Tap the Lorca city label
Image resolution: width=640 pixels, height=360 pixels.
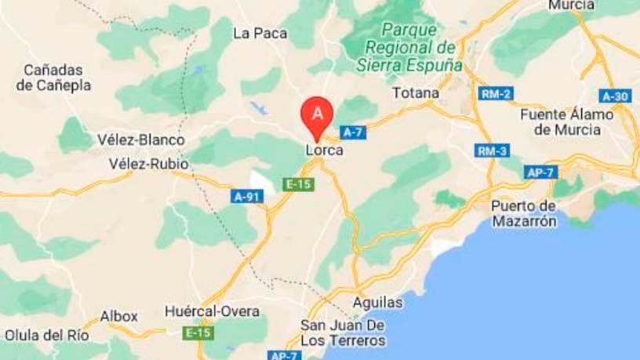[x=324, y=150]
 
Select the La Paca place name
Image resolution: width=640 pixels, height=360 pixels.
[x=253, y=33]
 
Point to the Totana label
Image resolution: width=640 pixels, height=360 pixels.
[x=415, y=93]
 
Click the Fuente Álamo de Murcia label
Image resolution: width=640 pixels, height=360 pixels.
[x=566, y=122]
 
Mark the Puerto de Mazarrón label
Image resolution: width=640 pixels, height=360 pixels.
[x=524, y=213]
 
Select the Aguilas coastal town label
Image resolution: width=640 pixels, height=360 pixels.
[x=377, y=302]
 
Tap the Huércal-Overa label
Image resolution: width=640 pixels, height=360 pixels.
[x=212, y=311]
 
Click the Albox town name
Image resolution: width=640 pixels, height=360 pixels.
[x=119, y=317]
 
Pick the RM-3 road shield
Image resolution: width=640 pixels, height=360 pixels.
[x=490, y=151]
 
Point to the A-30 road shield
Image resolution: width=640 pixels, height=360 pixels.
[x=615, y=96]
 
